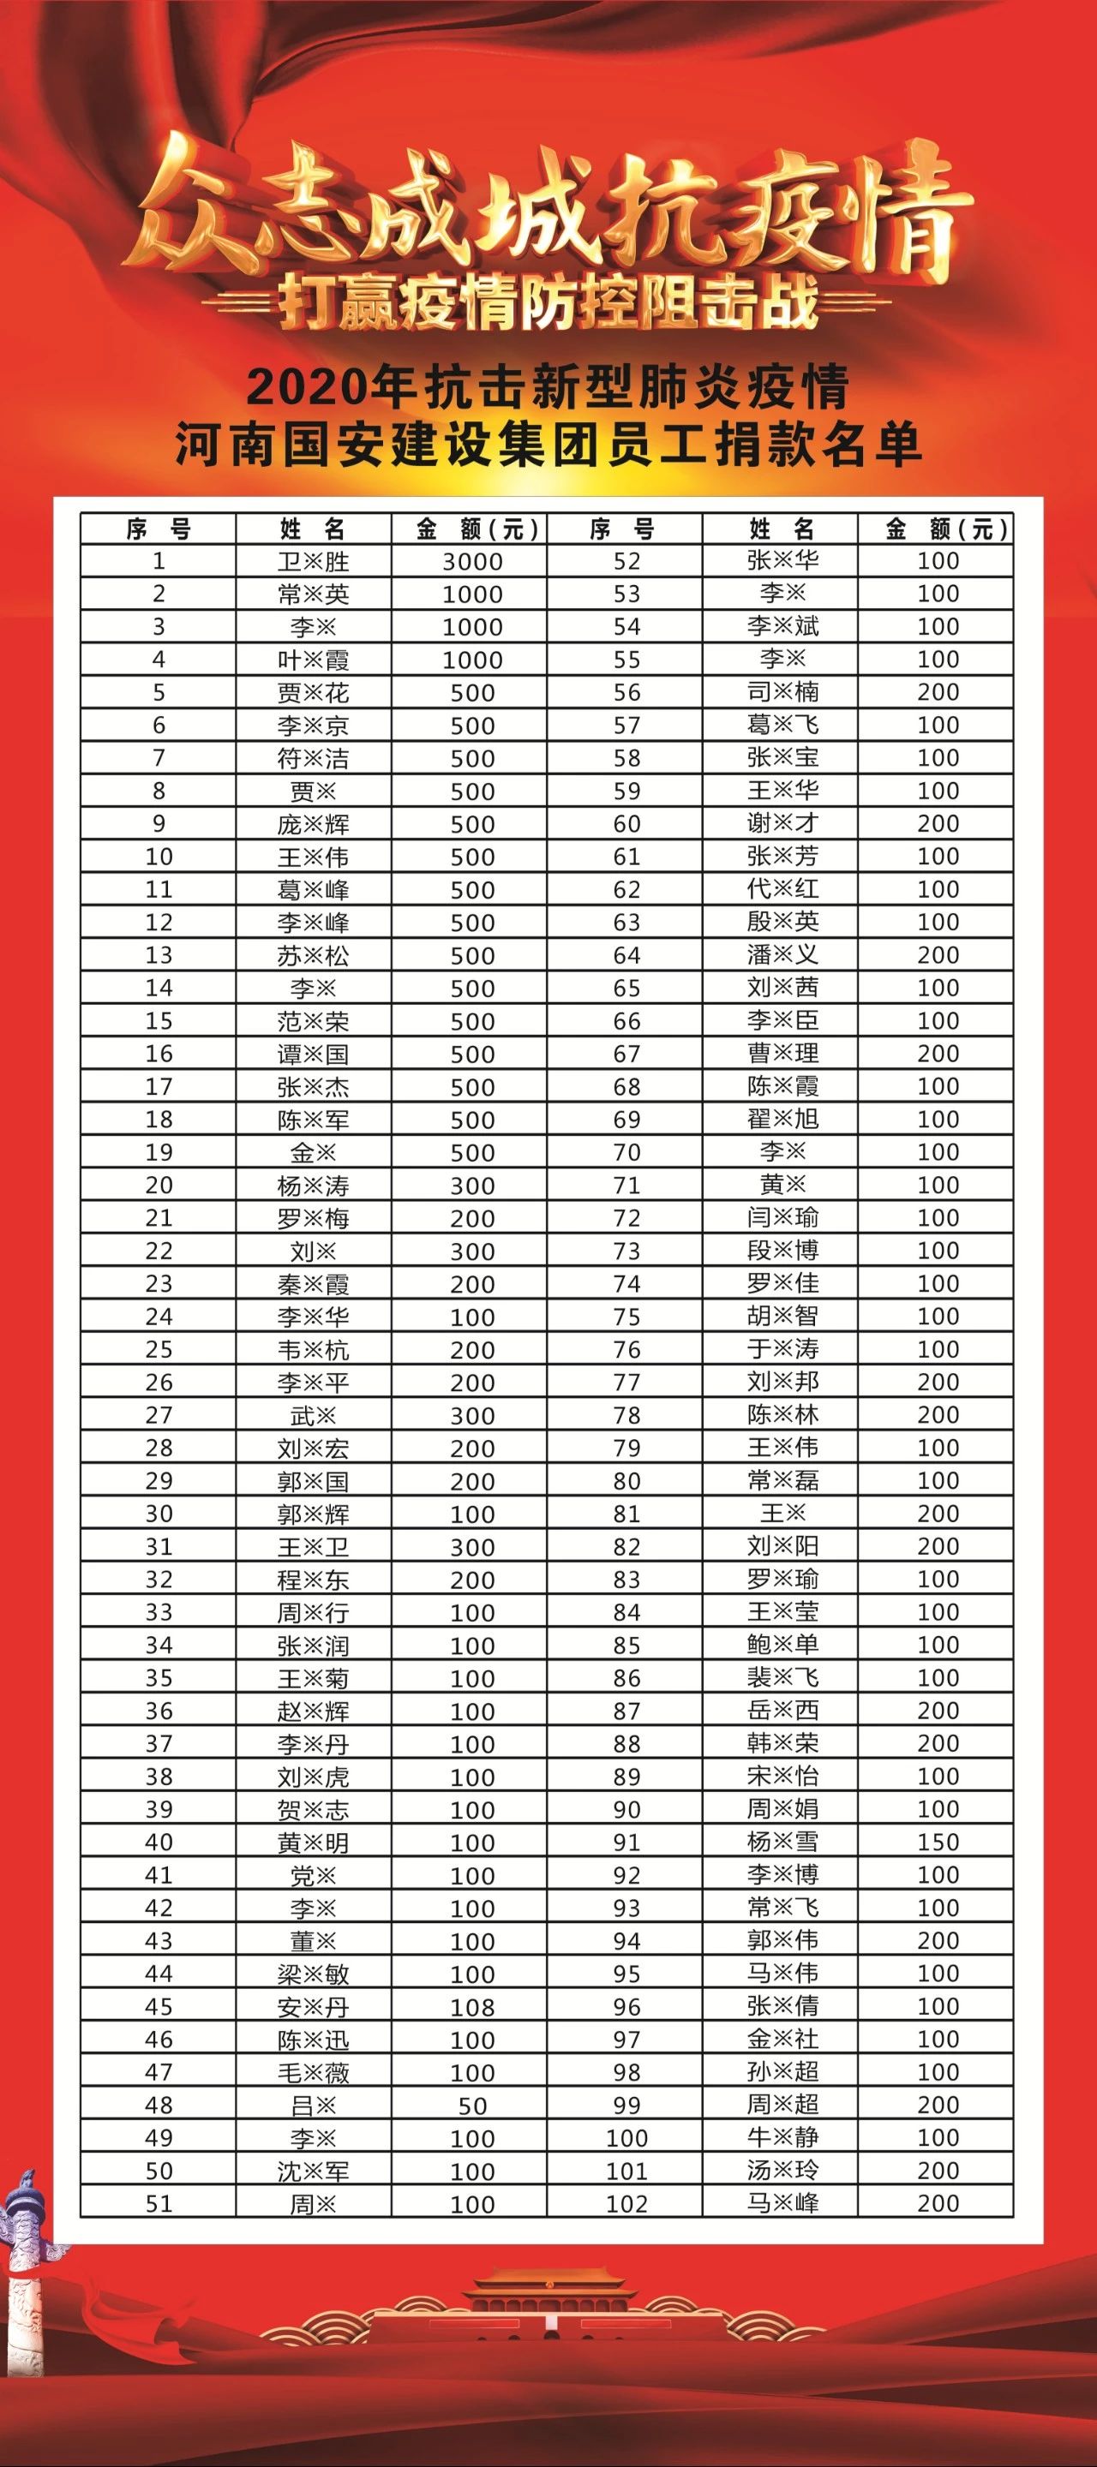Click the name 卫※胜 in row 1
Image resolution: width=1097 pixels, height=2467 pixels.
click(314, 561)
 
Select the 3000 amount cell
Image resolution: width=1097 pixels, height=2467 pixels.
click(472, 561)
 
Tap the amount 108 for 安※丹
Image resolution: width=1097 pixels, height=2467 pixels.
click(472, 2007)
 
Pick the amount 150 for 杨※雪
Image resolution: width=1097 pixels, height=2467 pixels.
click(937, 1842)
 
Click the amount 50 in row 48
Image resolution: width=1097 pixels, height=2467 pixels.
click(472, 2106)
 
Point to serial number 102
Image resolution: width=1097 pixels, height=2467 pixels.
click(626, 2204)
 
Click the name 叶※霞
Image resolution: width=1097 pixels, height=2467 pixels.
click(314, 660)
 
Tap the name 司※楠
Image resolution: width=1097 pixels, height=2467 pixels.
click(782, 691)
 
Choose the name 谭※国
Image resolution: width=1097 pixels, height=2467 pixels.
click(314, 1054)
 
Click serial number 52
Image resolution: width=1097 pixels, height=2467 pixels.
click(626, 561)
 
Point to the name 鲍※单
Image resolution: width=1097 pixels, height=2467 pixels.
click(782, 1645)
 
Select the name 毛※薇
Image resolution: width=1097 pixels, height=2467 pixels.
click(314, 2072)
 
